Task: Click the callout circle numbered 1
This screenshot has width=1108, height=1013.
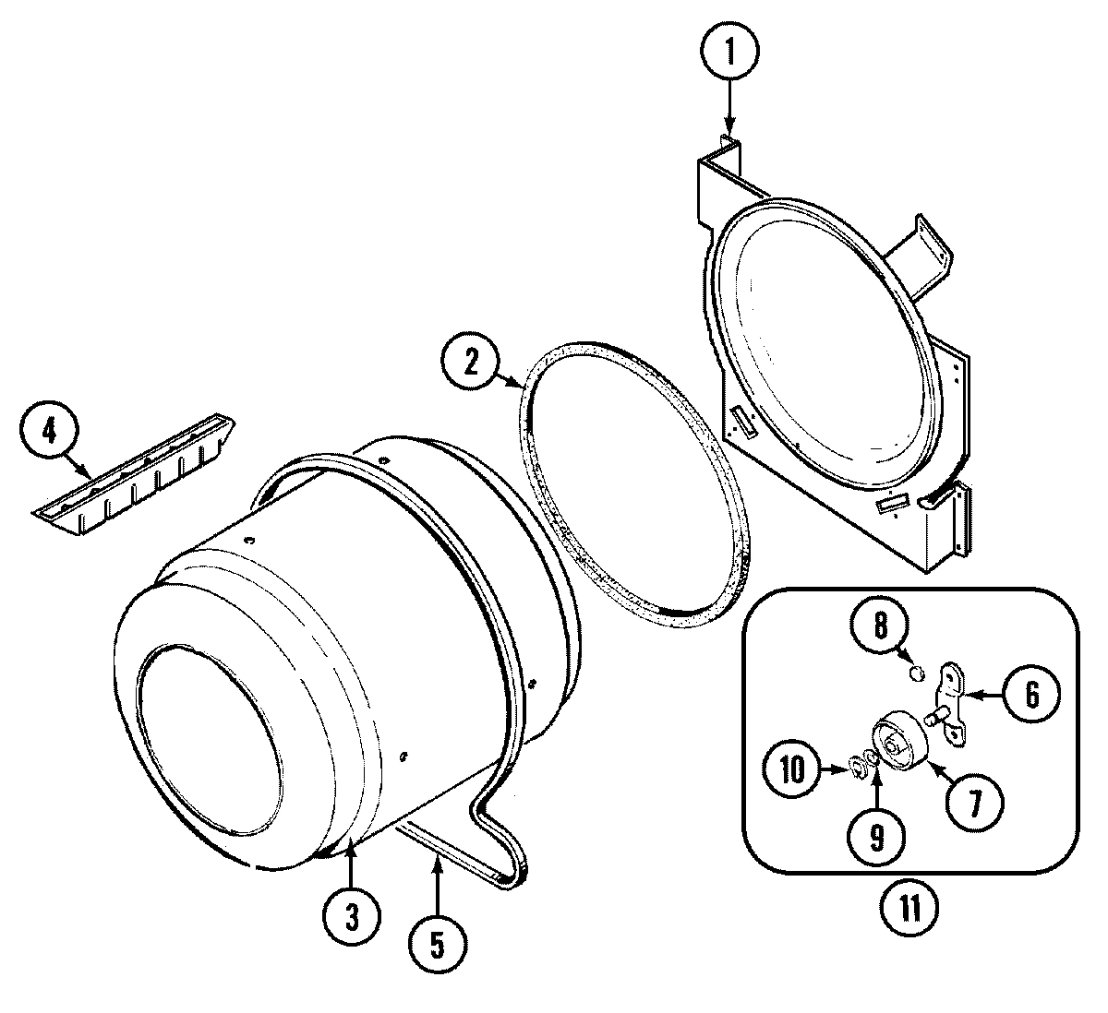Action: click(729, 53)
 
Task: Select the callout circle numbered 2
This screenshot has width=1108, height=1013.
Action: click(471, 363)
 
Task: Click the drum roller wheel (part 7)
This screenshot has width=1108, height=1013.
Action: click(898, 738)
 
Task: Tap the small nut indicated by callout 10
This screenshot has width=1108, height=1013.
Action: click(856, 765)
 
